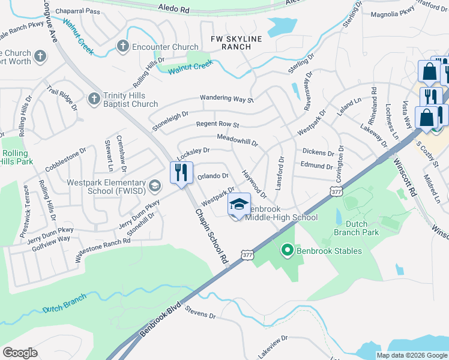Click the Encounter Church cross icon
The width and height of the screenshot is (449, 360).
pyautogui.click(x=123, y=46)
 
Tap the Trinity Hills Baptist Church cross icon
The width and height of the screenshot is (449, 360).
pyautogui.click(x=94, y=98)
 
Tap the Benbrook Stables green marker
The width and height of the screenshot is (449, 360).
pyautogui.click(x=288, y=250)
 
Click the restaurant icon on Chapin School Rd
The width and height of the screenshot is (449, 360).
pyautogui.click(x=180, y=173)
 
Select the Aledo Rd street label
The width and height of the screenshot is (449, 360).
pyautogui.click(x=174, y=10)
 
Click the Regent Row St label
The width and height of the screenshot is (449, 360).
pyautogui.click(x=218, y=125)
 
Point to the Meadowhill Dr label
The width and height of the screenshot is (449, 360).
pyautogui.click(x=237, y=141)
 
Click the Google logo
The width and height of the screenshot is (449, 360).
pyautogui.click(x=20, y=352)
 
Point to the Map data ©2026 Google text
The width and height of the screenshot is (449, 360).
pyautogui.click(x=411, y=355)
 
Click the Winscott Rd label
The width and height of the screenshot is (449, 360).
pyautogui.click(x=405, y=178)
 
